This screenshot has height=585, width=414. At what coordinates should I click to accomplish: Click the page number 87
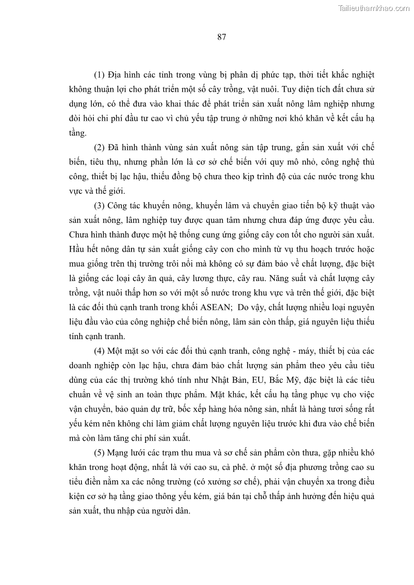pos(221,36)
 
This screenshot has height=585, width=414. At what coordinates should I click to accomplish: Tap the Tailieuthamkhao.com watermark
pos(374,8)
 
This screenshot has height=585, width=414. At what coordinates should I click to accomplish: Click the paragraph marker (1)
pos(100,75)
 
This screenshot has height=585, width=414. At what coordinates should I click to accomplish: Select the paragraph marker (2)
pos(100,147)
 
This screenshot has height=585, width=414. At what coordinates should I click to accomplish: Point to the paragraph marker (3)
pos(100,205)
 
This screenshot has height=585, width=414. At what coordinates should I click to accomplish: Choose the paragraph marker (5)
pos(100,452)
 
